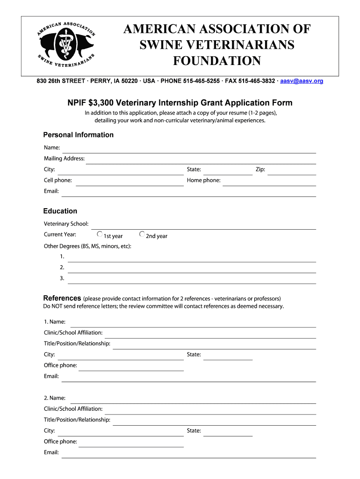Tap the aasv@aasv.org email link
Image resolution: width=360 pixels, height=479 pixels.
[x=302, y=81]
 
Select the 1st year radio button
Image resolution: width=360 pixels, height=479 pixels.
[x=100, y=234]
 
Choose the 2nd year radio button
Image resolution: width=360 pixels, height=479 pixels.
[x=142, y=234]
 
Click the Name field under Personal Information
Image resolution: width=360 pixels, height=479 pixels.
[x=188, y=149]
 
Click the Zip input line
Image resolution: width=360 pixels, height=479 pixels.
[x=291, y=170]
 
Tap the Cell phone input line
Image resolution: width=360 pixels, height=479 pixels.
[x=129, y=181]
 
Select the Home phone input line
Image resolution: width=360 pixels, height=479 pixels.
[x=269, y=181]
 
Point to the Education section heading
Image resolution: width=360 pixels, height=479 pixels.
[x=60, y=211]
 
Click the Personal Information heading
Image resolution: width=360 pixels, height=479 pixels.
[x=79, y=135]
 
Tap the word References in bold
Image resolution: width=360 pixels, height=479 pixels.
[x=62, y=298]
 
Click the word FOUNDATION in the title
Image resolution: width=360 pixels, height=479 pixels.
[x=217, y=61]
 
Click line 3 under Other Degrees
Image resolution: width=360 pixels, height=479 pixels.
[x=192, y=279]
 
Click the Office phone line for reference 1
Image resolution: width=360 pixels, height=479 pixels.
[x=131, y=367]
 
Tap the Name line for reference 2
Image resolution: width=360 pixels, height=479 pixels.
[x=193, y=399]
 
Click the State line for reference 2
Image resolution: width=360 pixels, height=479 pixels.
[x=228, y=432]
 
